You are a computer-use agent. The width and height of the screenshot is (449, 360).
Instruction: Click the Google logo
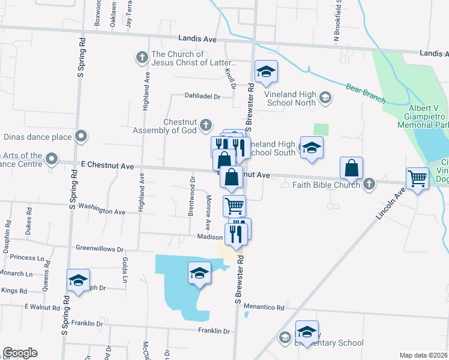[20, 353]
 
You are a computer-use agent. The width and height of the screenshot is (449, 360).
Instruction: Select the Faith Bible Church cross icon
[369, 185]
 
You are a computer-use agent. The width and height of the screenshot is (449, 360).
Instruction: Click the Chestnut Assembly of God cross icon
[205, 125]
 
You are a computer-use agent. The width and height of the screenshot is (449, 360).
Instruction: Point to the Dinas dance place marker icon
[81, 136]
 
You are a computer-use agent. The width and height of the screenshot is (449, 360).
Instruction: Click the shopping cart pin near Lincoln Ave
[418, 178]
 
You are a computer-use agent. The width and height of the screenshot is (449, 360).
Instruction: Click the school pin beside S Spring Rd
[77, 280]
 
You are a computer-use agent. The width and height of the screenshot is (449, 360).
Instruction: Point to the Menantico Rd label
[264, 307]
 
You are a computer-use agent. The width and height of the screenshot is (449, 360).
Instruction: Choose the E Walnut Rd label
[41, 307]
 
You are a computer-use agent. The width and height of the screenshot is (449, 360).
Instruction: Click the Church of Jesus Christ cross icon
[142, 58]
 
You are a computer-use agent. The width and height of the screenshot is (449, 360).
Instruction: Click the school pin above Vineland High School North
[265, 72]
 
